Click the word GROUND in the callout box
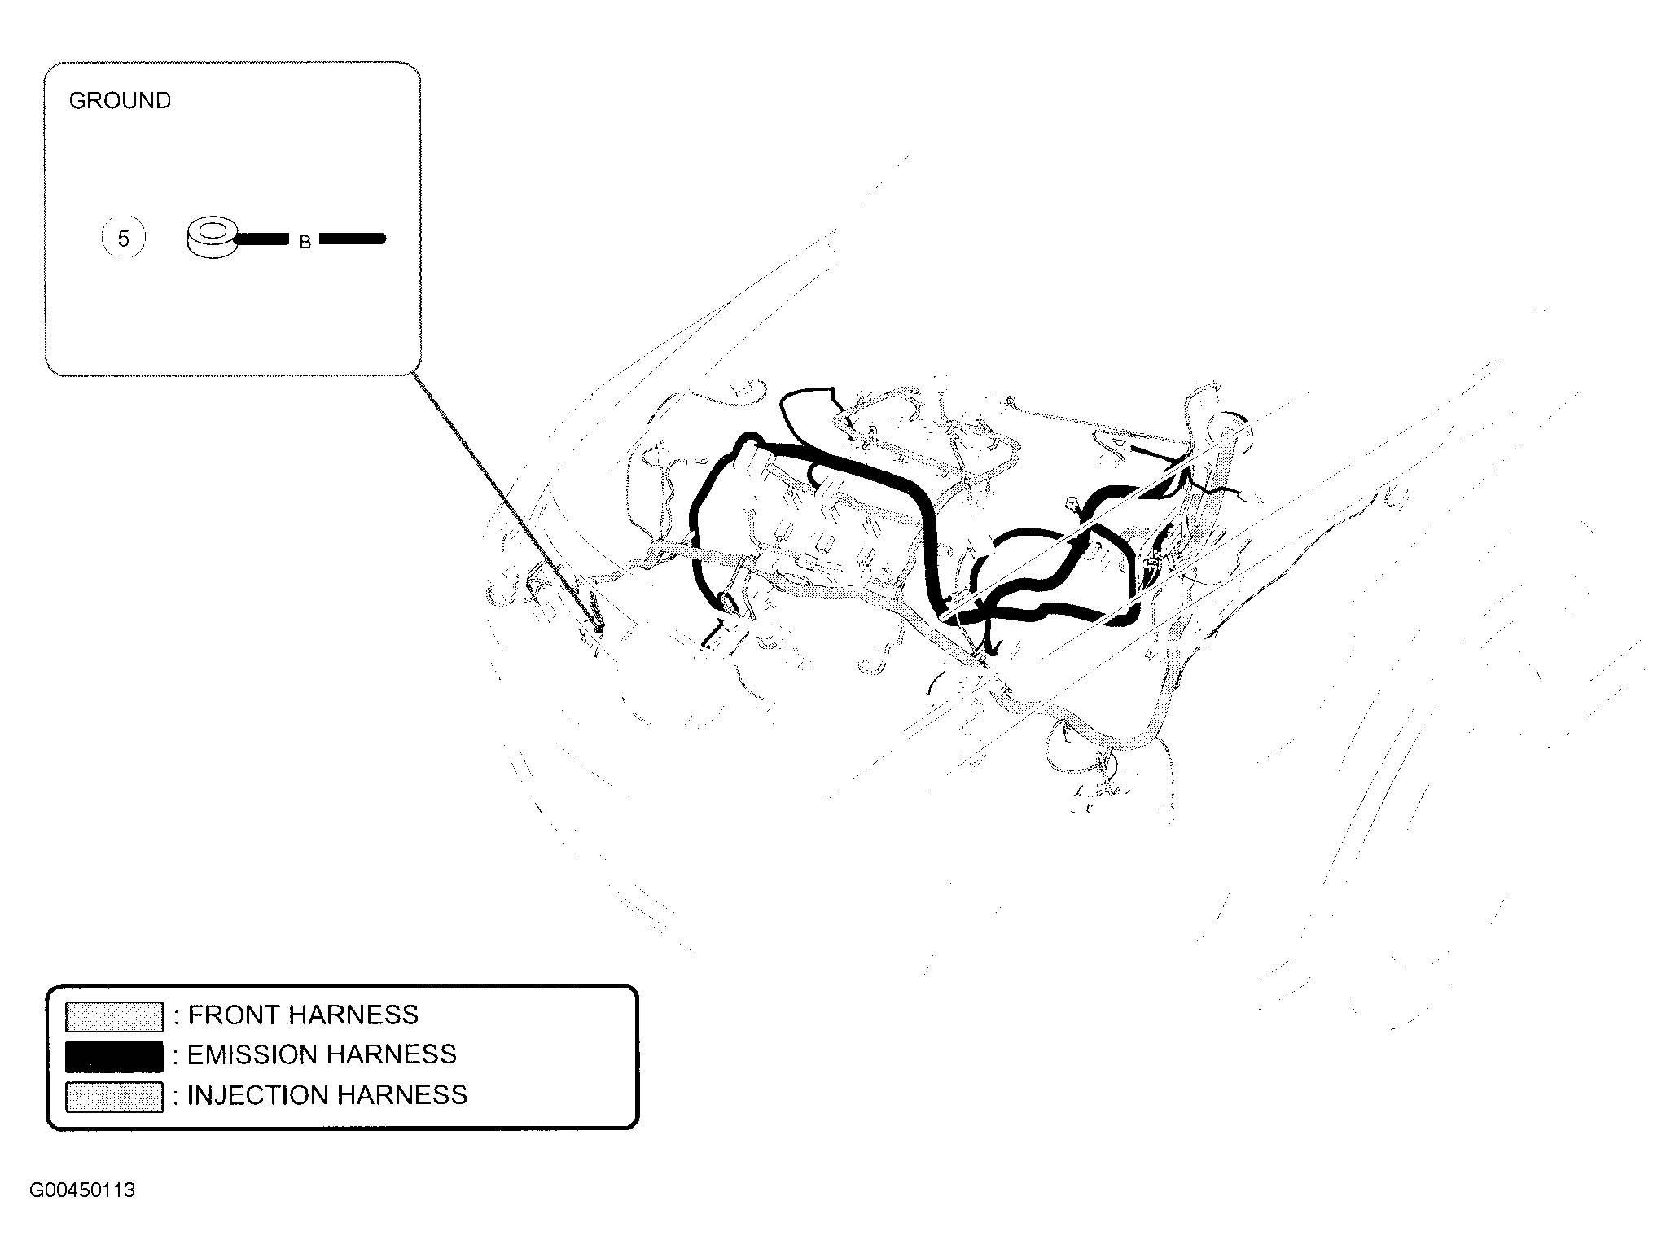[120, 101]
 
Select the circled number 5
[123, 239]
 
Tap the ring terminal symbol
[211, 236]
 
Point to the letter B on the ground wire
[305, 242]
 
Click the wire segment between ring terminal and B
[261, 239]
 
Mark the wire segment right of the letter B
[352, 239]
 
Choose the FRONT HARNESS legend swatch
[114, 1015]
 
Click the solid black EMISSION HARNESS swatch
[114, 1055]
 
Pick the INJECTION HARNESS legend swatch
[114, 1096]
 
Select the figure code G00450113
[82, 1190]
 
